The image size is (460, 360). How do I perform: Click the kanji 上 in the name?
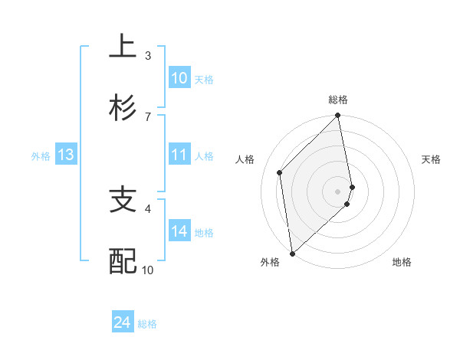coord(123,47)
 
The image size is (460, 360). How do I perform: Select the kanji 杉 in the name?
coord(123,108)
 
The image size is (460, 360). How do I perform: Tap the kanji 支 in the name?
coord(123,200)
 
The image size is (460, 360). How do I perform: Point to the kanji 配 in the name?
coord(123,262)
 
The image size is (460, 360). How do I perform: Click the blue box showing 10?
coord(179,78)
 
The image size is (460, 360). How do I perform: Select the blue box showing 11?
coord(179,155)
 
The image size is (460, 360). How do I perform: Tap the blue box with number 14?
coord(179,231)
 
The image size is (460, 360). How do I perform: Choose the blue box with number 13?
coord(65,155)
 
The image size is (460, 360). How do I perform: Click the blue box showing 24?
coord(122,322)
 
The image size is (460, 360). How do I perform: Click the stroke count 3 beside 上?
coord(147,55)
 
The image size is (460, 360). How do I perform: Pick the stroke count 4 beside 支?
coord(147,208)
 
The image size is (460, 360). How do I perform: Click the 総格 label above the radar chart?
coord(338,100)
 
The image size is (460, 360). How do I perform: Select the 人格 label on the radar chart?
coord(245,159)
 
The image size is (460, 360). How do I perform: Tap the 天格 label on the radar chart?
coord(432,159)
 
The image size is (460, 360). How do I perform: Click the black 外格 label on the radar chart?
coord(270,262)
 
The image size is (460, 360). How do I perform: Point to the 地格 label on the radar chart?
coord(402,262)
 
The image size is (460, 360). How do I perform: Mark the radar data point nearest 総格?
coord(338,116)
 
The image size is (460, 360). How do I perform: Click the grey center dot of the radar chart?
coord(338,191)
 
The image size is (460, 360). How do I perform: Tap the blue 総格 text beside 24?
coord(147,324)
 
